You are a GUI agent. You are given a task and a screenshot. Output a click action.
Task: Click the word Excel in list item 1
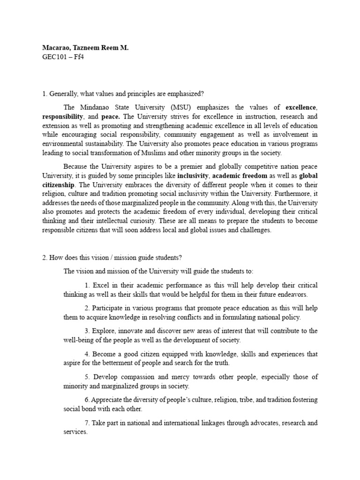100,285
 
